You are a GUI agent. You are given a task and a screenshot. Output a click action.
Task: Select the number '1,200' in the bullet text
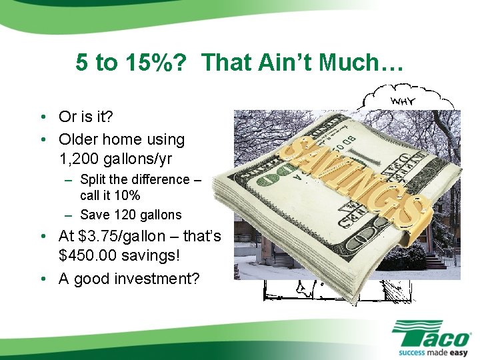77,160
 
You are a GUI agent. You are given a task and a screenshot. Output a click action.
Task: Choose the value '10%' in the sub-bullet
126,196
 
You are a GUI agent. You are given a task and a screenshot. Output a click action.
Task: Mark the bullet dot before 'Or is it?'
42,117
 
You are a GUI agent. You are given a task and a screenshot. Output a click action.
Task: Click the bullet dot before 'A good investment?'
42,279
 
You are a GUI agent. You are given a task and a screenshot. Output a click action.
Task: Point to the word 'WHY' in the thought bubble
404,101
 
